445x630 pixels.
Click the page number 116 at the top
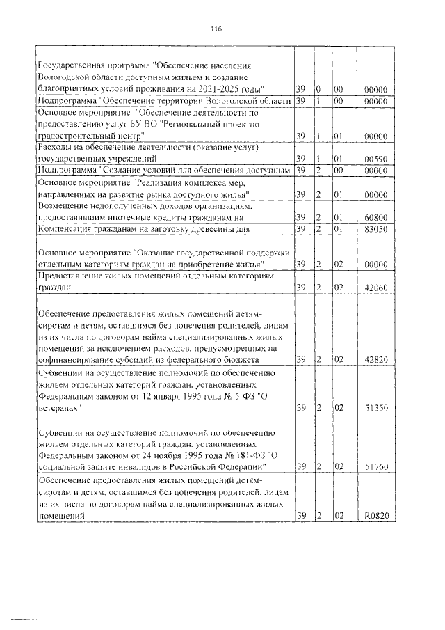(216, 29)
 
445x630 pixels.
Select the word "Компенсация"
(67, 228)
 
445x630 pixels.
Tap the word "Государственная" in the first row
(72, 66)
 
